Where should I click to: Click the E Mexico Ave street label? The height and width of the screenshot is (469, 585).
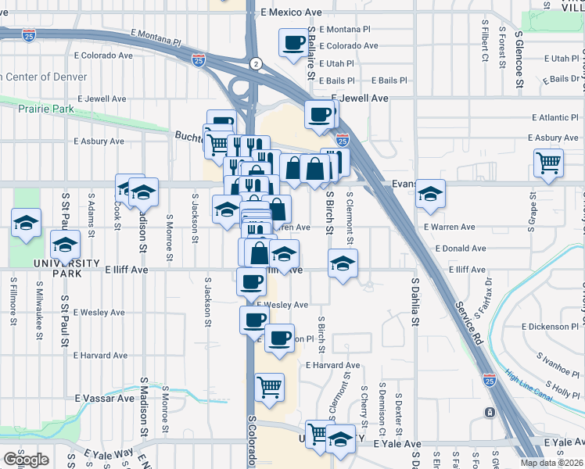click(x=292, y=13)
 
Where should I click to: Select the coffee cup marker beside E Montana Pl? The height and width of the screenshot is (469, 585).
click(x=294, y=43)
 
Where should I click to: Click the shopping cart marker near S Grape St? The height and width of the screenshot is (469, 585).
click(x=548, y=163)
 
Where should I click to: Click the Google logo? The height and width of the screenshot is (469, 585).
click(x=26, y=459)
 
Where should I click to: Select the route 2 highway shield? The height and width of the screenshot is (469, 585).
click(x=255, y=63)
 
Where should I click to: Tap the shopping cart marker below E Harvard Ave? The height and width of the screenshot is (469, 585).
click(x=269, y=387)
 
